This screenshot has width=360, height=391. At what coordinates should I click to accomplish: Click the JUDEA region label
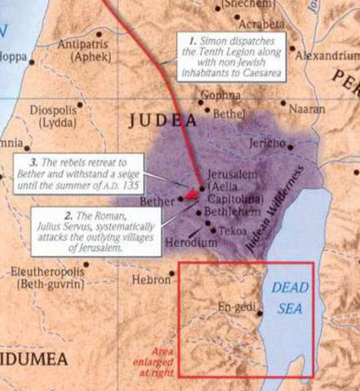pos(164,121)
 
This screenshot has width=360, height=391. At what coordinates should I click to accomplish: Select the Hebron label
pos(151,279)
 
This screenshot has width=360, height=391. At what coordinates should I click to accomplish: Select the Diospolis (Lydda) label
pos(55,115)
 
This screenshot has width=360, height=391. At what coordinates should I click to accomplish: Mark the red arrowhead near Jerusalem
pos(191,195)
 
